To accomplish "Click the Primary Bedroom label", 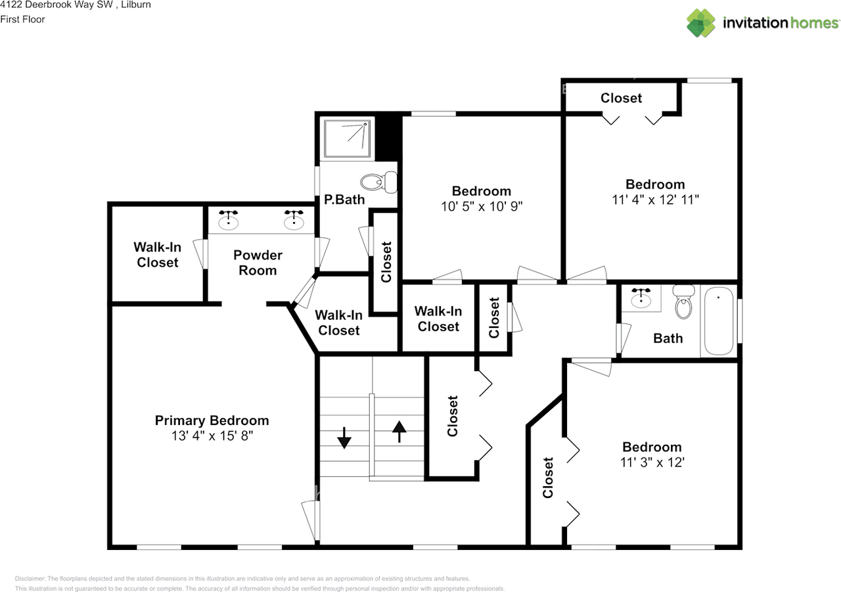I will pos(212,421).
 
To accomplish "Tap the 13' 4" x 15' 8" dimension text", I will pos(212,436).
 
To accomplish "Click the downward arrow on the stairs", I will pos(344,438).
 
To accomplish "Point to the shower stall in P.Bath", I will pos(347,139).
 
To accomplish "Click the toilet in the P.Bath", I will pos(380,182).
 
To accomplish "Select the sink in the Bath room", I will pos(640,299).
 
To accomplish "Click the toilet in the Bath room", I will pos(684,303).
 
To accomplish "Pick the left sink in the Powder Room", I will pos(228,221).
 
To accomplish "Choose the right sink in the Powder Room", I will pos(293,221).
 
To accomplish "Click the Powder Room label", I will pos(258,263).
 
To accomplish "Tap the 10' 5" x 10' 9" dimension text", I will pos(481,206).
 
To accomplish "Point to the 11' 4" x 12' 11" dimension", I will pos(654,200).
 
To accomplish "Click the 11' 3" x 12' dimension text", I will pos(652,463).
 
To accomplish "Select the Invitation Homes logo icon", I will pos(701,23).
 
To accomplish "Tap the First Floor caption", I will pos(23,20).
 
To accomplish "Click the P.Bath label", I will pos(344,200).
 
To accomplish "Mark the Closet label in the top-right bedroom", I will pos(621,98).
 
